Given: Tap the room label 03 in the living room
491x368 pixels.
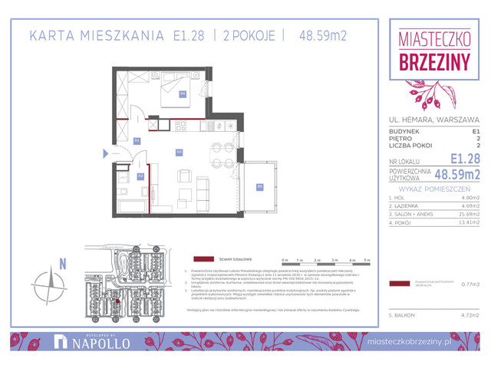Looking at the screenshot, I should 179,151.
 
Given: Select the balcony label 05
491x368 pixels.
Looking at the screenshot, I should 259,186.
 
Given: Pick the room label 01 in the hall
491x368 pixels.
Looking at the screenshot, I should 137,141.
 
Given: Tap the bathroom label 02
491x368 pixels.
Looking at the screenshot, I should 140,176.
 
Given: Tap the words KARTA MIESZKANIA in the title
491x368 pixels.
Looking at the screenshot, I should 95,34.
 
